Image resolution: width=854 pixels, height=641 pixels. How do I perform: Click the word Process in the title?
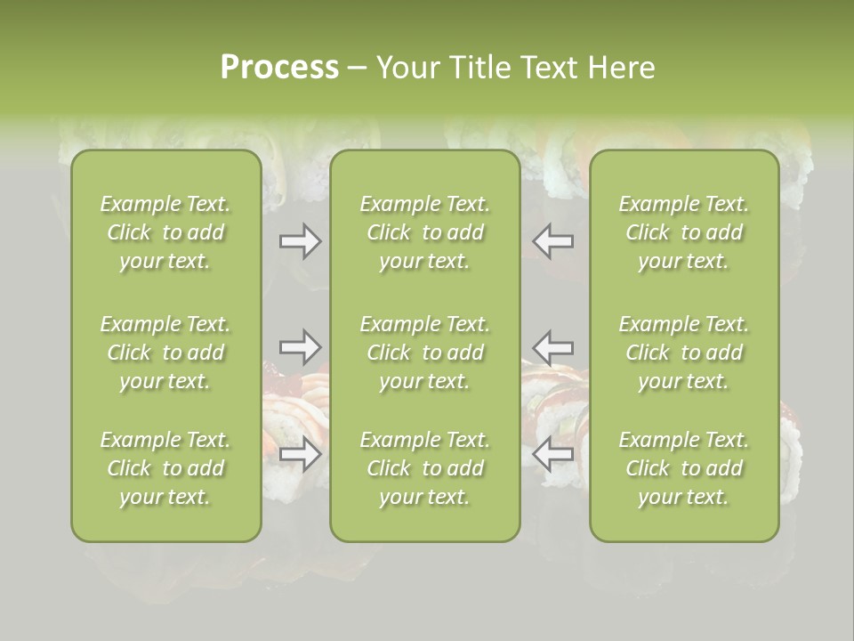[x=279, y=68]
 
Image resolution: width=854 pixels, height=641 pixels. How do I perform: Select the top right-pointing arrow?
[x=301, y=241]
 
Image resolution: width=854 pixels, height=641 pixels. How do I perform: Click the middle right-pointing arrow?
[x=301, y=346]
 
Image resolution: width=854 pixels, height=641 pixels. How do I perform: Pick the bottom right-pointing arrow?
[x=301, y=454]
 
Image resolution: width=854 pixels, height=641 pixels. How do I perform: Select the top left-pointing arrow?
[x=553, y=241]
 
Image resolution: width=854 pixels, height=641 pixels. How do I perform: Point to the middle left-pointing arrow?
[x=553, y=346]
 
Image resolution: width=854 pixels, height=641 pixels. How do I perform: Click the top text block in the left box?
[x=165, y=232]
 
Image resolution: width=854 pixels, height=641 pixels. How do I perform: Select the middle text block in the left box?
[x=165, y=353]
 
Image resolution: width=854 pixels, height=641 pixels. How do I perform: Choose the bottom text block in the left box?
[x=165, y=468]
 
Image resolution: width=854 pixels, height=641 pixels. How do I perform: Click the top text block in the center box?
[x=424, y=232]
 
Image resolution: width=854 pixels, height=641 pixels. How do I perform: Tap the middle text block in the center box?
[x=424, y=353]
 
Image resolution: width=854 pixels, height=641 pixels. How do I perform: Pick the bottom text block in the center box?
[x=424, y=468]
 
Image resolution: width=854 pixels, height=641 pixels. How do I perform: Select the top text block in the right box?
[x=684, y=232]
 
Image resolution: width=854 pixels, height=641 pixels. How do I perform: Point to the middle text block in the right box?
[x=684, y=353]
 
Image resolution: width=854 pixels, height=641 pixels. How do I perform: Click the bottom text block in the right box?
[x=684, y=468]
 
